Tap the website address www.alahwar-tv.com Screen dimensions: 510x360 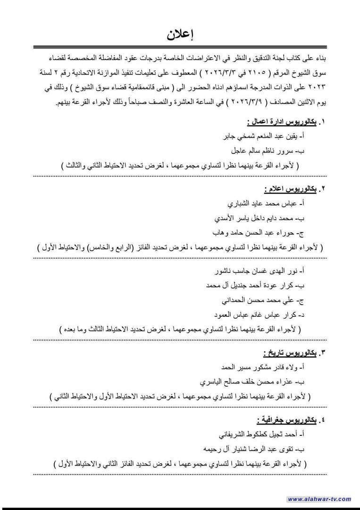pyautogui.click(x=319, y=499)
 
